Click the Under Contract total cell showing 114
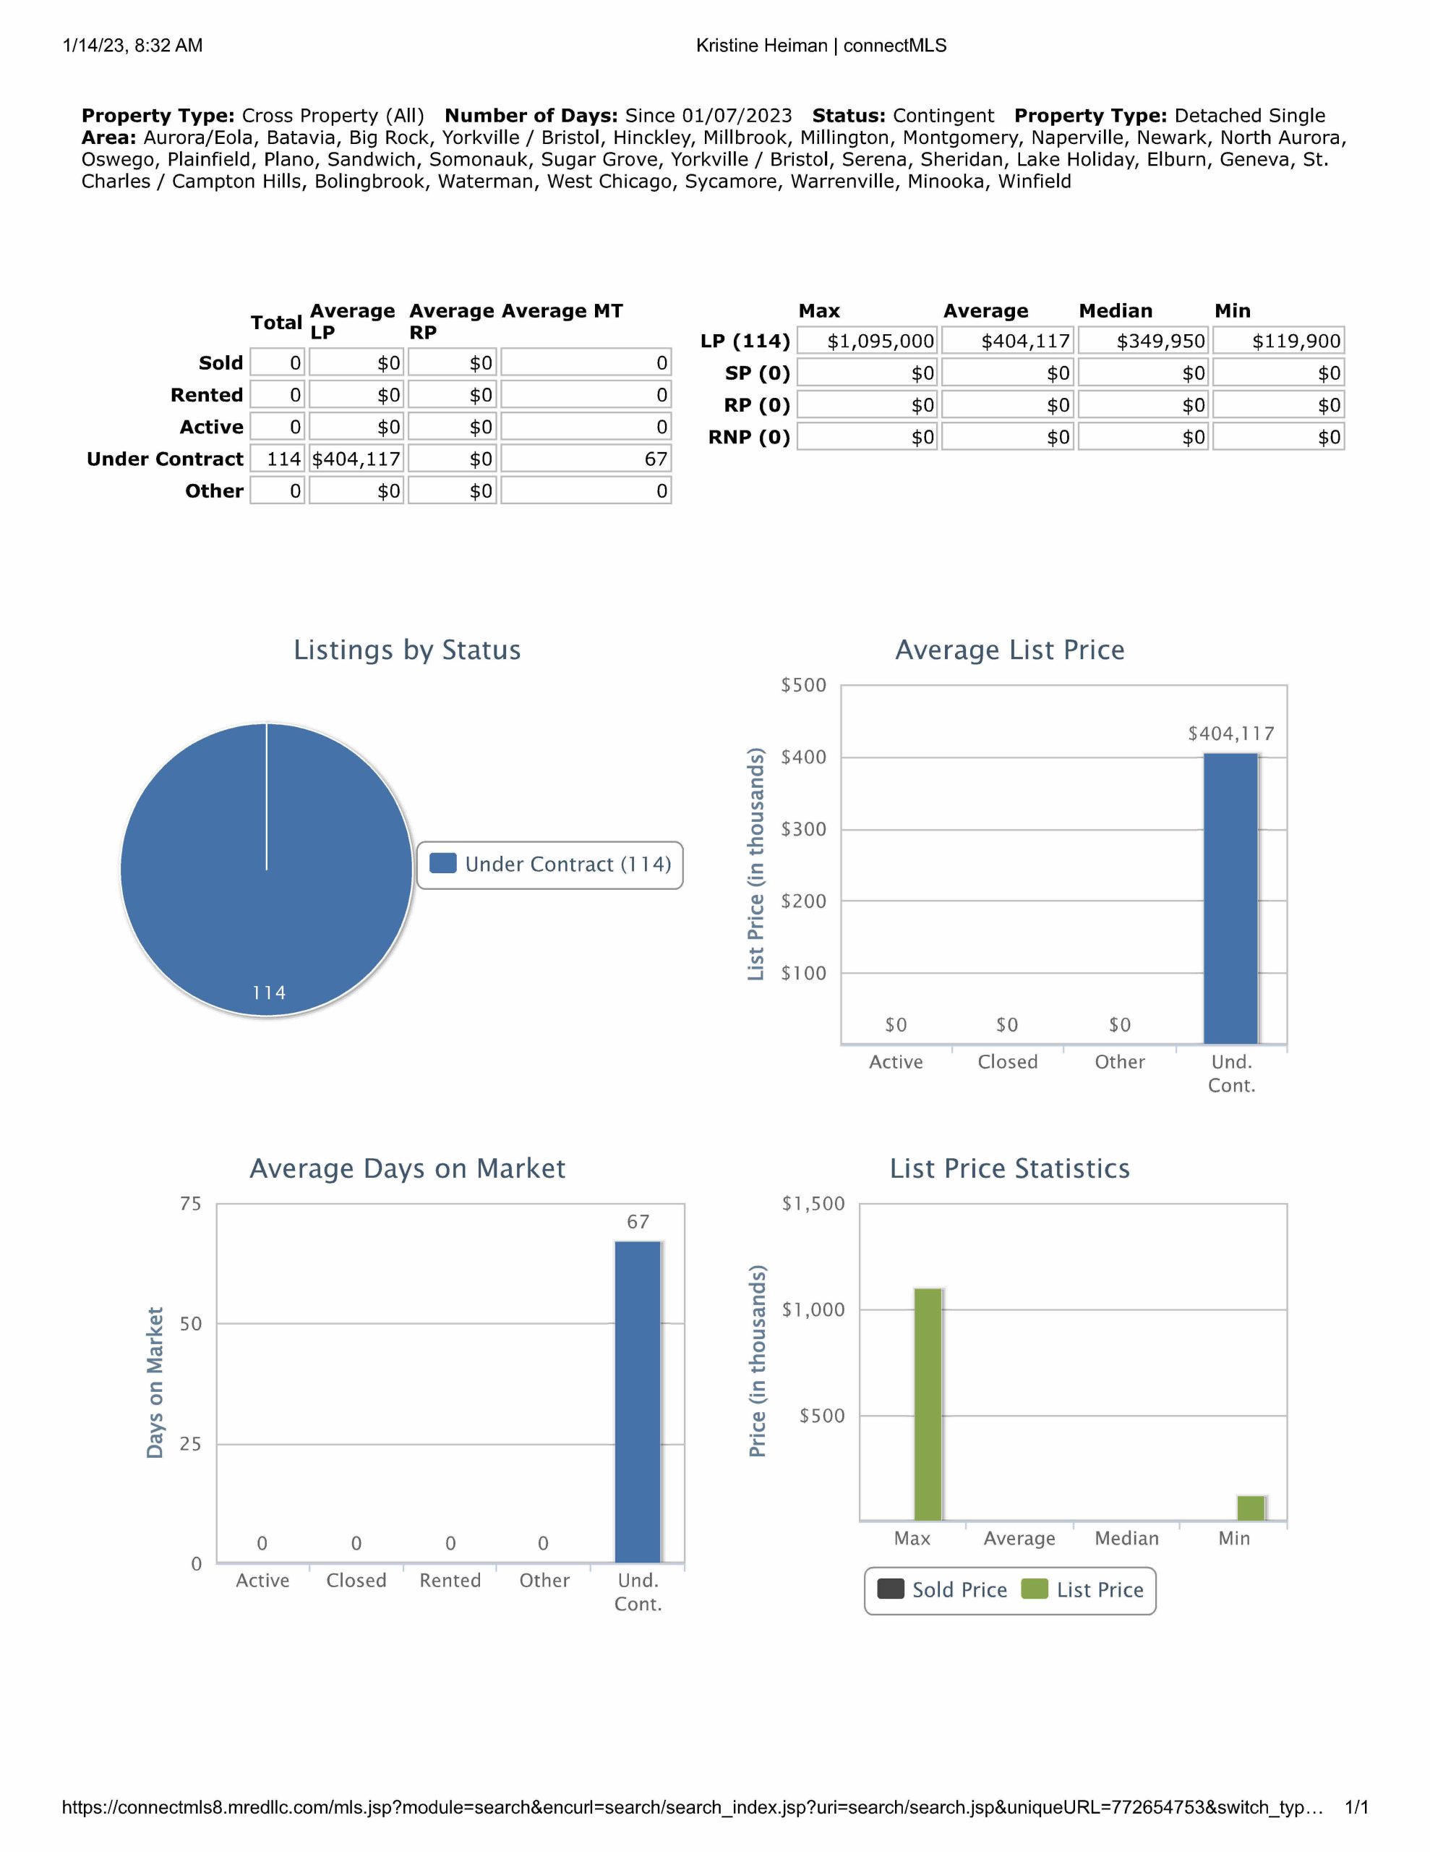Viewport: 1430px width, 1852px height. (278, 459)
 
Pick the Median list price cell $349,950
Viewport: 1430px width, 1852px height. (1144, 341)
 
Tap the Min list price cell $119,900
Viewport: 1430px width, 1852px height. (1278, 341)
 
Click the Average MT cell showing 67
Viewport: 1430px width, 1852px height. (586, 459)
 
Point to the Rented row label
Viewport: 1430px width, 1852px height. (207, 395)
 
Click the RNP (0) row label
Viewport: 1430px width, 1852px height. (749, 438)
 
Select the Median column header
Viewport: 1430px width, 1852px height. (1116, 311)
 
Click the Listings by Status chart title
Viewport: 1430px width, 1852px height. (407, 650)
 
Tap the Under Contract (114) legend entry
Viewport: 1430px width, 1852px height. (551, 864)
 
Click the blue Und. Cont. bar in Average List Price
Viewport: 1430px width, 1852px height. (1230, 899)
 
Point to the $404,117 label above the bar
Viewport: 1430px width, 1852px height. (1230, 734)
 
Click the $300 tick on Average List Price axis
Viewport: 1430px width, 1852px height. (802, 829)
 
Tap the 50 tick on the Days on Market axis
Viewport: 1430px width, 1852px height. (191, 1324)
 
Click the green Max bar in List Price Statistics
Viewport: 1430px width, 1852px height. (928, 1404)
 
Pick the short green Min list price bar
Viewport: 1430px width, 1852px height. (1251, 1508)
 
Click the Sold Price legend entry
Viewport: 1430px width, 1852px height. (943, 1590)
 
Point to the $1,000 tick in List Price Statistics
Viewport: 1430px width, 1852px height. (813, 1310)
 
